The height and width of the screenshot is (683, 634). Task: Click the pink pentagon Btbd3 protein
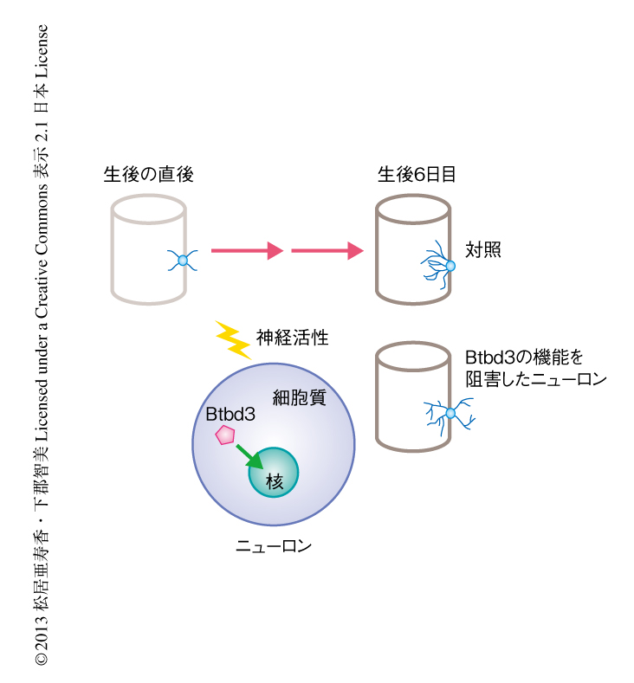[x=226, y=435]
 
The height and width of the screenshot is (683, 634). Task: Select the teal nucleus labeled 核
[x=274, y=473]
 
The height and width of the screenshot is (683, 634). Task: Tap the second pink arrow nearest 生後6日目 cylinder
[x=327, y=251]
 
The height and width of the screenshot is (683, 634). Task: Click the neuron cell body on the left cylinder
[x=183, y=259]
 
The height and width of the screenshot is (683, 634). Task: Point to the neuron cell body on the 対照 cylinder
[x=450, y=266]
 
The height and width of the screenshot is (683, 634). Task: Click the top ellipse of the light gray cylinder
[x=149, y=209]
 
